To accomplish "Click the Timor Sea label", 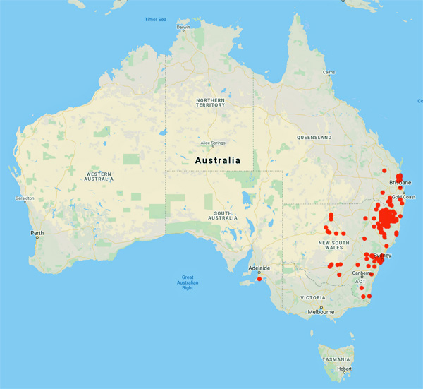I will tap(156, 18).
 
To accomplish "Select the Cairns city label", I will tap(329, 72).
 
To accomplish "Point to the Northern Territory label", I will tap(211, 104).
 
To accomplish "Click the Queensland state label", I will tap(314, 136).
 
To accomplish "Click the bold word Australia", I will tap(217, 160).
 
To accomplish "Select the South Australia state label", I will tap(214, 215).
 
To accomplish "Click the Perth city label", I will tap(37, 232).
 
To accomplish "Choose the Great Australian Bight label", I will tap(188, 282).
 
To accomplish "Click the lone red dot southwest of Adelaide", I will tap(259, 279).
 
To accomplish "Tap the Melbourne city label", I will tap(321, 311).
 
